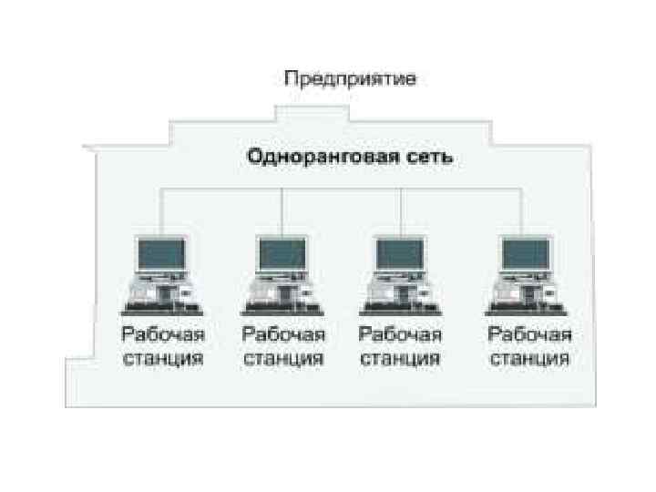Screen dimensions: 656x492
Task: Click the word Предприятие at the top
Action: coord(351,79)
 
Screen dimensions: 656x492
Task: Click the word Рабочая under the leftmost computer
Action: coord(161,335)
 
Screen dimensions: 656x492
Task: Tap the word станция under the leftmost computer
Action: coord(161,358)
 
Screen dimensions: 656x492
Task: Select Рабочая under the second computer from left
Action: coord(283,335)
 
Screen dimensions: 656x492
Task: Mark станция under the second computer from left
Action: coord(283,358)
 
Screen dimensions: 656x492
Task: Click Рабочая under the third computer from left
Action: coord(401,335)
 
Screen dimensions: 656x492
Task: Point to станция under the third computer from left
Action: coord(401,358)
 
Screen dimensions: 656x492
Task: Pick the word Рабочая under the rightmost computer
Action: coord(530,335)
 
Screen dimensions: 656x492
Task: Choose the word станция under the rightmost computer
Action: coord(530,358)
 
